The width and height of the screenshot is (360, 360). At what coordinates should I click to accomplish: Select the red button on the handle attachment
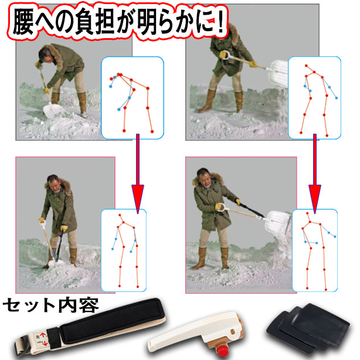click(x=222, y=351)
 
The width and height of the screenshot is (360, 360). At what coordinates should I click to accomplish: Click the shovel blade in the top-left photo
click(x=52, y=110)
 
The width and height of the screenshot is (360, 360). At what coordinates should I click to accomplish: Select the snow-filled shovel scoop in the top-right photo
click(x=279, y=73)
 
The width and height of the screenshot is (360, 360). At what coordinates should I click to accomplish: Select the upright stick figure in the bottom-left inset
click(x=125, y=251)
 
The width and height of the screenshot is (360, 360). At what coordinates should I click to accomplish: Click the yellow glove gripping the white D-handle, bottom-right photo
click(x=218, y=206)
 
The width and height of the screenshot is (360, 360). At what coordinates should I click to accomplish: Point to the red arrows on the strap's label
click(x=43, y=339)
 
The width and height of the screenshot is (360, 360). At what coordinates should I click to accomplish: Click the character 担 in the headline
click(x=105, y=22)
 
